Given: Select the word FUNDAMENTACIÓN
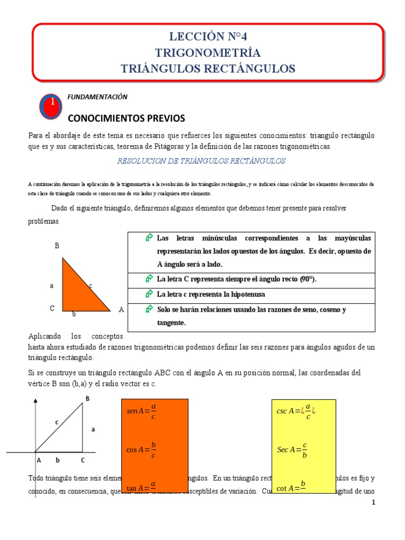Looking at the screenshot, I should point(98,97).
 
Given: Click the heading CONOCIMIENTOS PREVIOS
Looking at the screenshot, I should point(127,117).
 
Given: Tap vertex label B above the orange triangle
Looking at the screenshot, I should point(56,246).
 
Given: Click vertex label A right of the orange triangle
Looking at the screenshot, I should point(121,310).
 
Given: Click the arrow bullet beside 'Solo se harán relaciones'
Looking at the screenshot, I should point(149,309).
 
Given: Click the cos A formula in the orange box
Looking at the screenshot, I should point(141,450).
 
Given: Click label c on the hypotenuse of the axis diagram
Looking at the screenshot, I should point(56,422).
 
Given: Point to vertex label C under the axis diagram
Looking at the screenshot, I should point(82,460).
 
